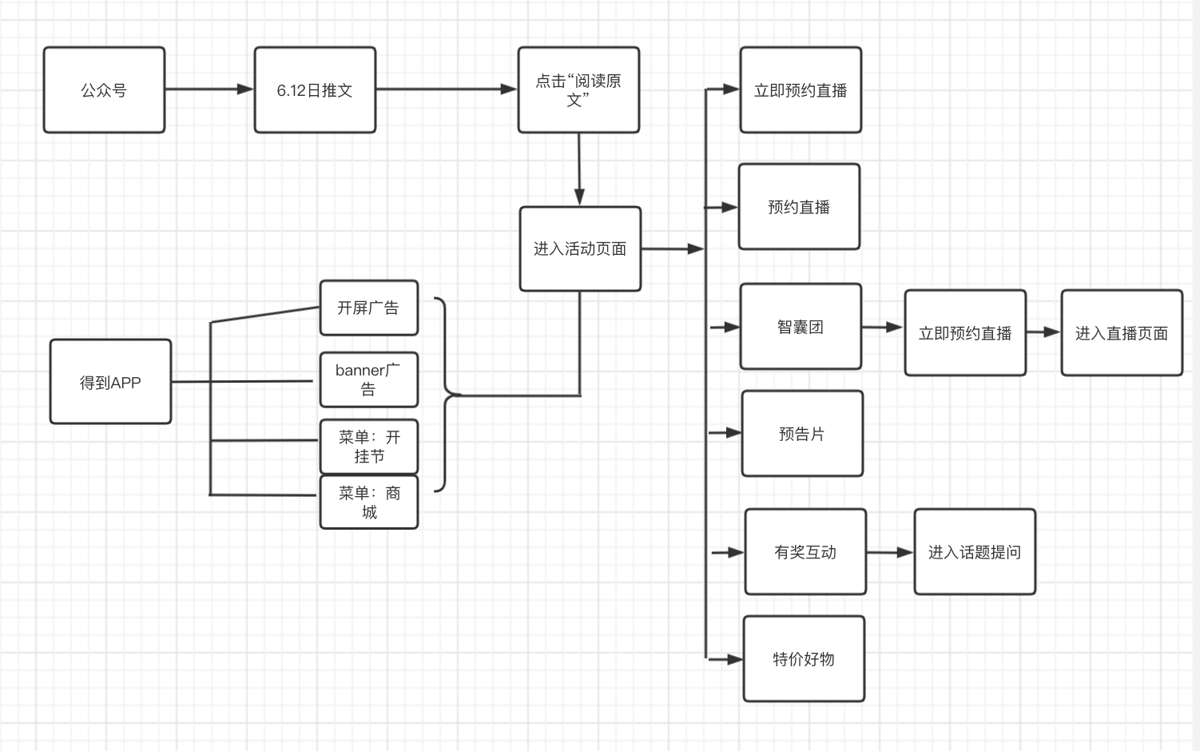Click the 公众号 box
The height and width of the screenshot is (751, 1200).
[x=104, y=89]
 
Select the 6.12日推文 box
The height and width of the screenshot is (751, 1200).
[x=315, y=89]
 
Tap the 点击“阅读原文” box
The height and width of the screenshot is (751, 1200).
[x=578, y=89]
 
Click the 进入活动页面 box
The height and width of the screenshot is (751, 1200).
[x=580, y=248]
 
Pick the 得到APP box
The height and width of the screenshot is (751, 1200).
[x=110, y=382]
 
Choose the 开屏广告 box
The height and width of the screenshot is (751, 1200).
[x=368, y=308]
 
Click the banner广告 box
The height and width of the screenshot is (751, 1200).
[x=368, y=379]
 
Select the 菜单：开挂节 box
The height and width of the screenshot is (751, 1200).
[x=368, y=447]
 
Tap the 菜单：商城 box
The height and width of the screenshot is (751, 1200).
[x=368, y=503]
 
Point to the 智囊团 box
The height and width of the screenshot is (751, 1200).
[x=801, y=327]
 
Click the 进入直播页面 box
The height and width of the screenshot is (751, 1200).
[x=1122, y=333]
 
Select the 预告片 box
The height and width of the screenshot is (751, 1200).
[x=802, y=434]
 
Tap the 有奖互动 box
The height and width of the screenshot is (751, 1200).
[x=805, y=552]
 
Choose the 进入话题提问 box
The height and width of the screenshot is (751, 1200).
[x=975, y=552]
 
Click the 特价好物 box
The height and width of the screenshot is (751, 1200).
[x=804, y=659]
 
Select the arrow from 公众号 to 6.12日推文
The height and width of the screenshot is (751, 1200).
[x=209, y=89]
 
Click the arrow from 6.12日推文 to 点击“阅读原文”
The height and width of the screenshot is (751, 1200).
[x=446, y=89]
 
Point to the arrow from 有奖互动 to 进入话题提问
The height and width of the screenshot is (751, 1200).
[x=890, y=552]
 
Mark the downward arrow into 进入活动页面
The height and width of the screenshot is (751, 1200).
[x=579, y=169]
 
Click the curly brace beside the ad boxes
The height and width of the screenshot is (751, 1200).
[x=444, y=395]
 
